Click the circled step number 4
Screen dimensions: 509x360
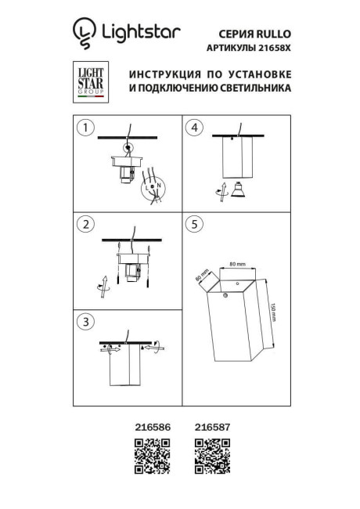point(196,128)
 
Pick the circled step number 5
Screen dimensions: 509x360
point(196,225)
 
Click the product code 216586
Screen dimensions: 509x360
point(151,429)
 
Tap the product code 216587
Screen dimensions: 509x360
point(209,429)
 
